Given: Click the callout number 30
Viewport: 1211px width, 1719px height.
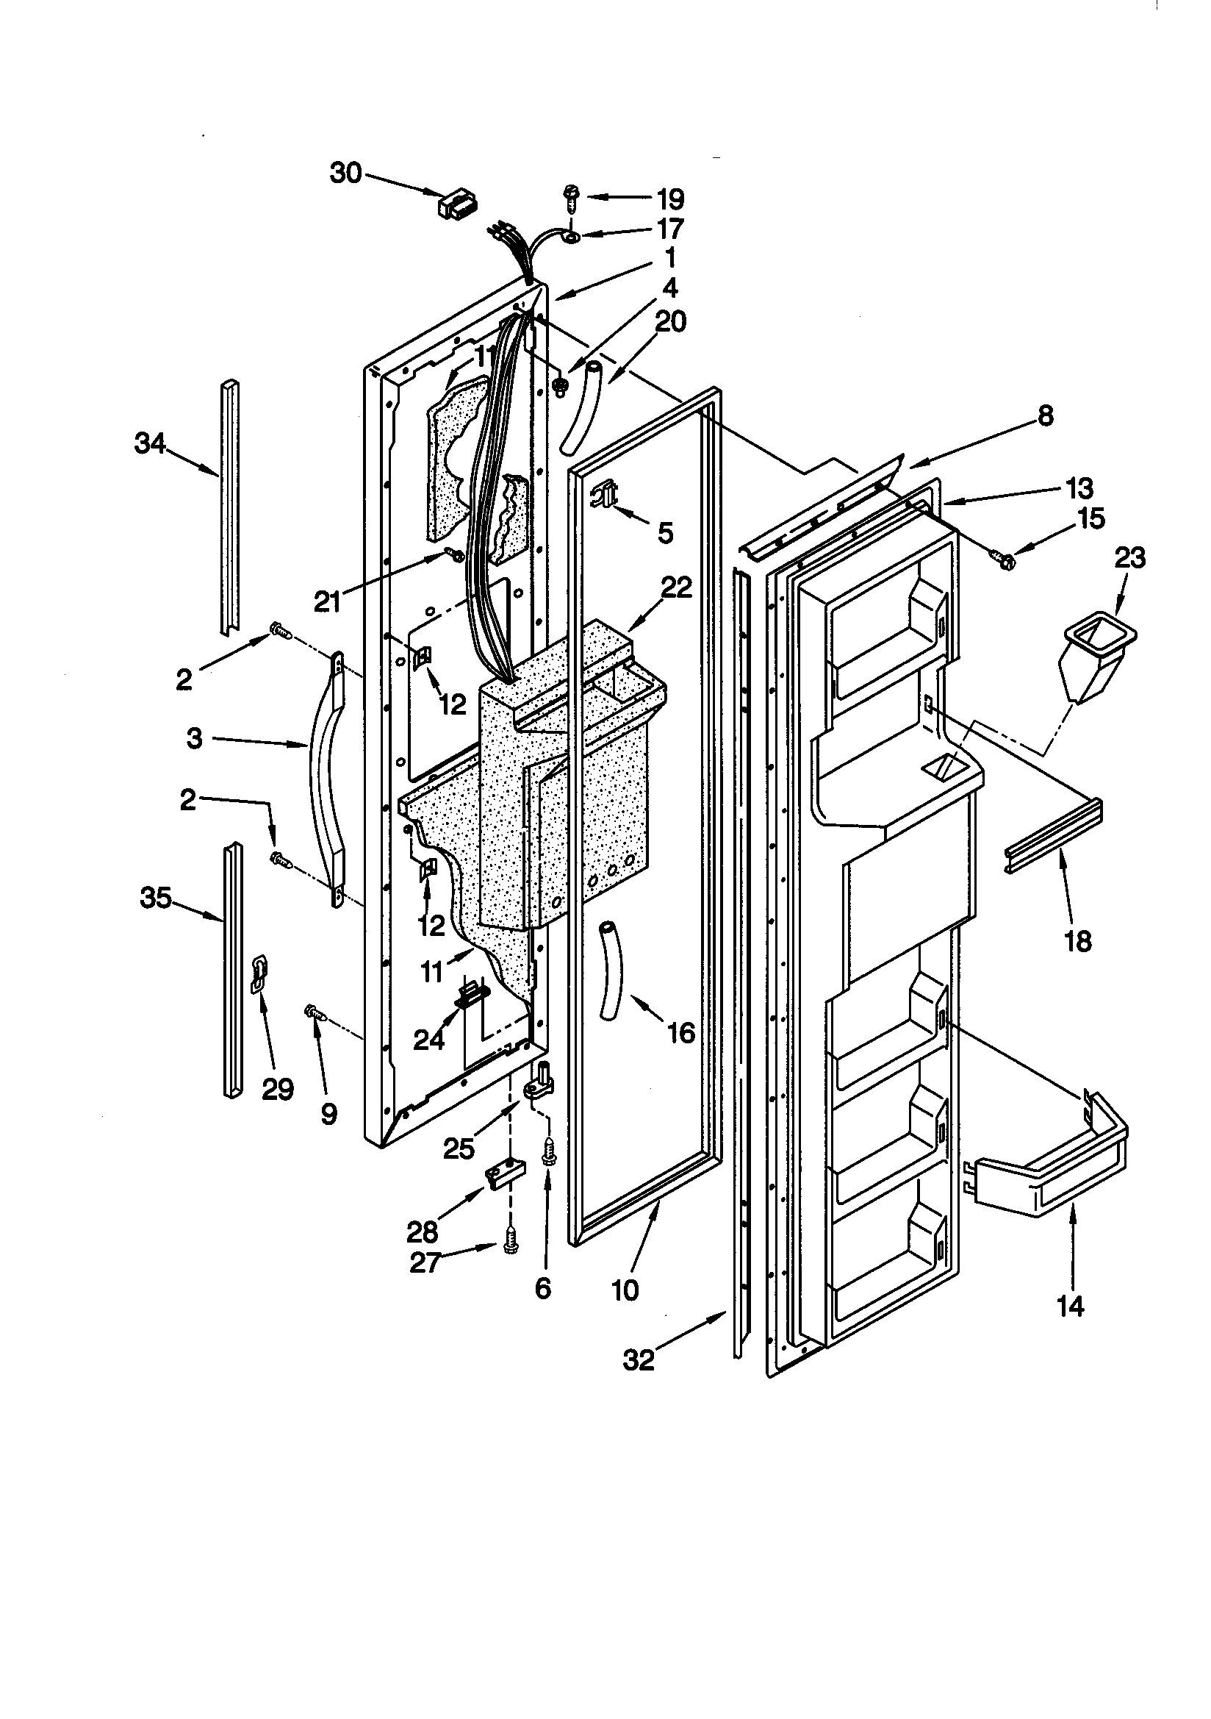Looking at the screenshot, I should (346, 173).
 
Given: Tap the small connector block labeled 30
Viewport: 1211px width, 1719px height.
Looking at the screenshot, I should (457, 205).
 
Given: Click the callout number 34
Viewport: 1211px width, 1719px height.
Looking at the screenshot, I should (151, 444).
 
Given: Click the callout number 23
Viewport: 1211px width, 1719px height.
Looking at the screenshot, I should (1130, 558).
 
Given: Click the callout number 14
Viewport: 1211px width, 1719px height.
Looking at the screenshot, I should (1071, 1307).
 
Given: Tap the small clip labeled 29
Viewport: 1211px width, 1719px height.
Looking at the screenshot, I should (259, 973).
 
